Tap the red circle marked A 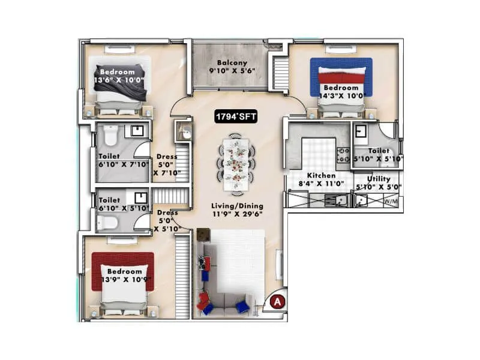tap(277, 302)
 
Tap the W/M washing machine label tap(392, 202)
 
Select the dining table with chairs tap(236, 164)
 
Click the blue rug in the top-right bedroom tap(341, 77)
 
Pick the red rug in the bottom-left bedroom tap(122, 271)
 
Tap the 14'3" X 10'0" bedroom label tap(341, 92)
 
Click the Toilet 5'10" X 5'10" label tap(378, 155)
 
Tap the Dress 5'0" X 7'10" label tap(166, 165)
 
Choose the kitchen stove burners tap(344, 155)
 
